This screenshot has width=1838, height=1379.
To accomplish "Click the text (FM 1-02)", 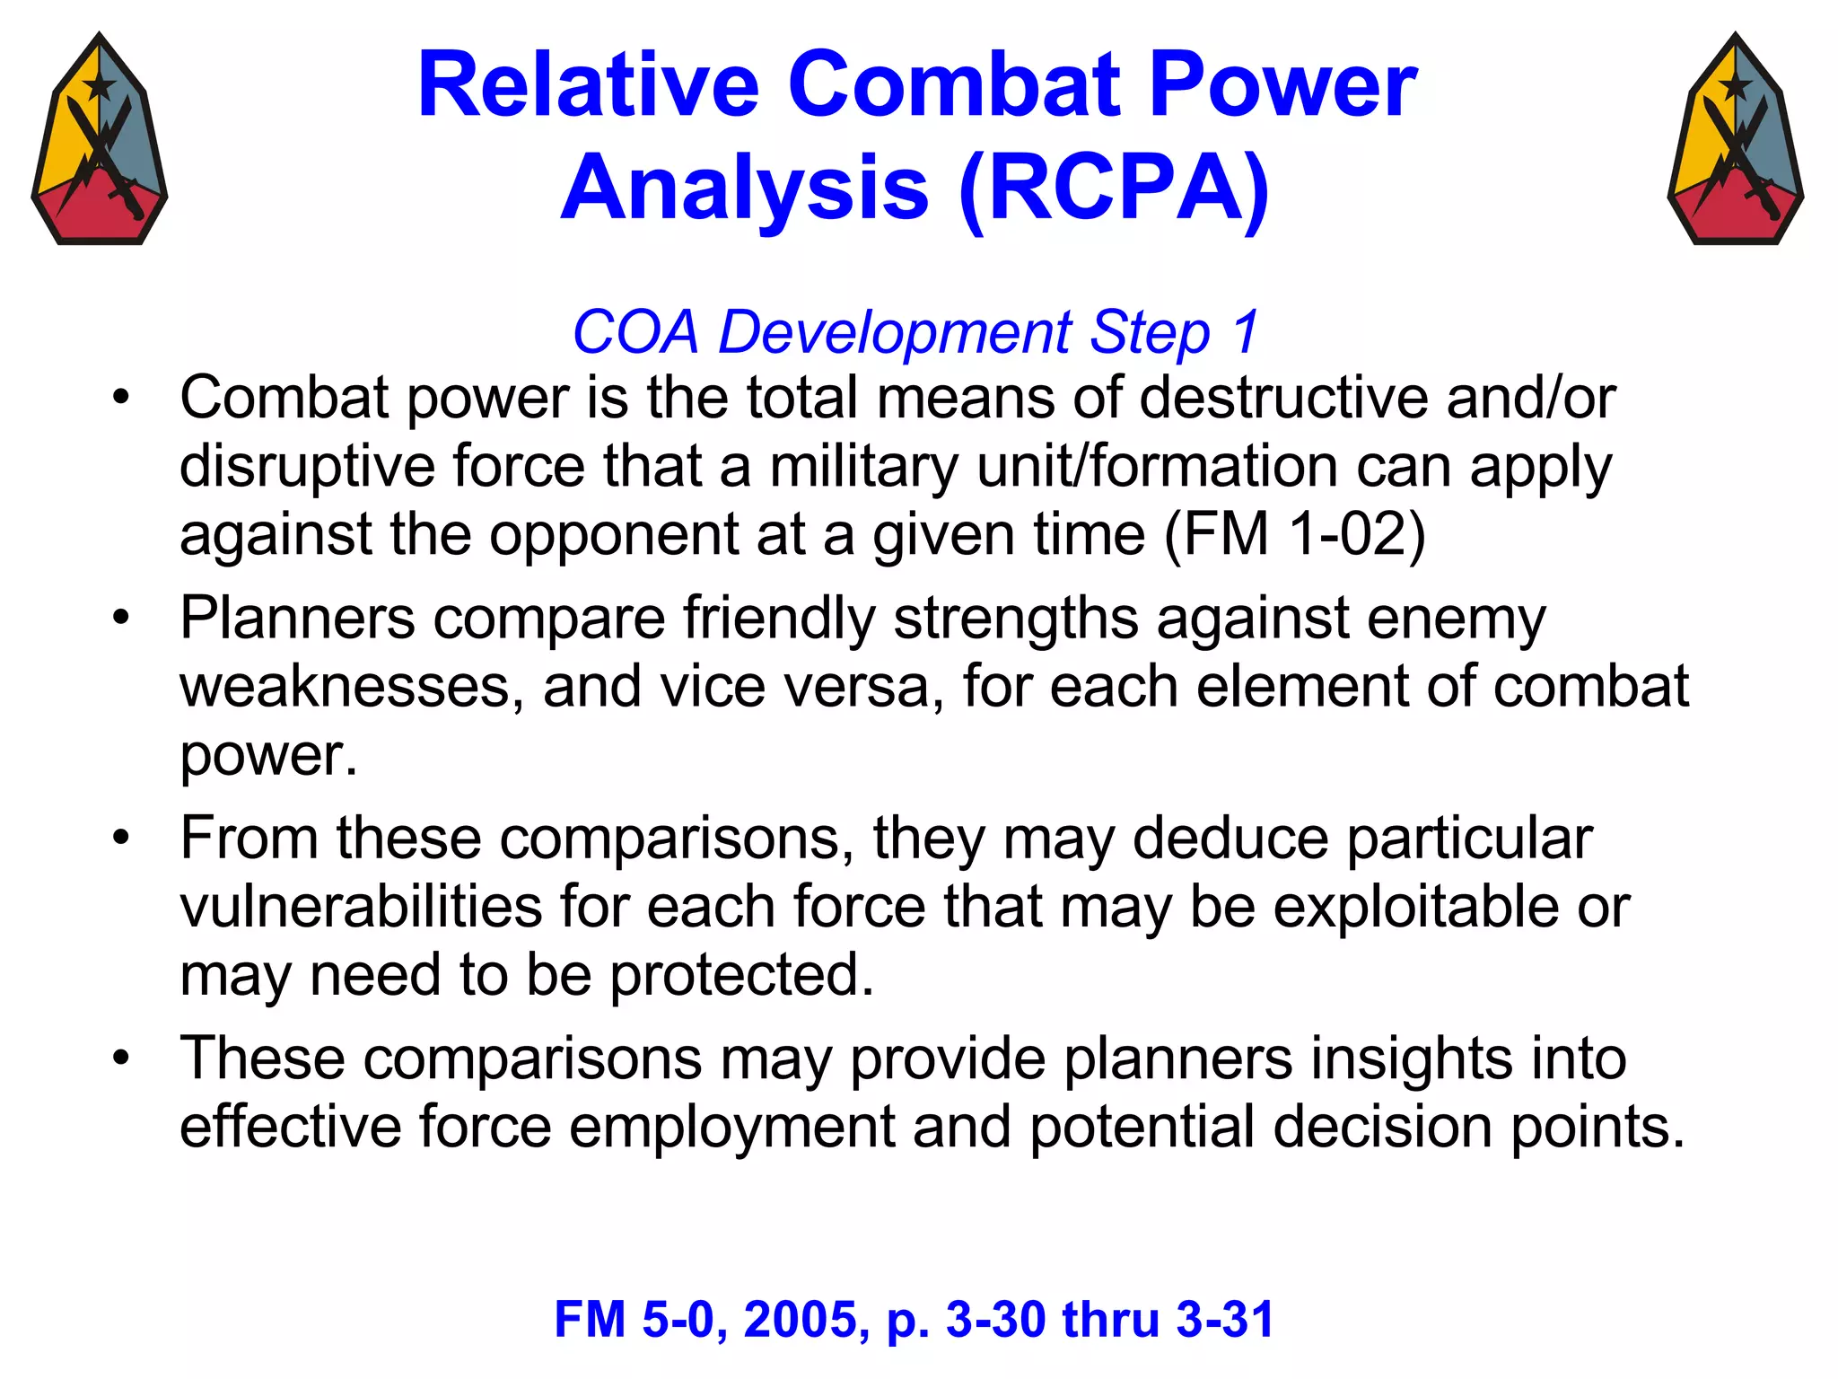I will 1294,535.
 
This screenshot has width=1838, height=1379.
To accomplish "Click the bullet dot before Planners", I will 121,618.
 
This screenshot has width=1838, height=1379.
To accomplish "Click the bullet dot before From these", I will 121,838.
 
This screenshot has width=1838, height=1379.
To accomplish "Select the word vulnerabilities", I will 361,907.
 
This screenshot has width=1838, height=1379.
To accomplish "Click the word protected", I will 741,976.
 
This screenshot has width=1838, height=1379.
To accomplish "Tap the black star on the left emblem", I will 99,87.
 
